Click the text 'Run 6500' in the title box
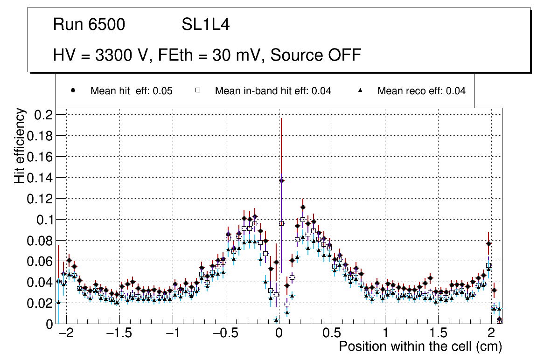point(89,25)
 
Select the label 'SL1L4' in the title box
point(205,25)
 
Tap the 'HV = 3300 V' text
point(99,55)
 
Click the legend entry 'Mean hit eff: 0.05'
point(131,91)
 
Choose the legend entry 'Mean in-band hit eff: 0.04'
point(273,91)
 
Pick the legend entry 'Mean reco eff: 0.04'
point(421,91)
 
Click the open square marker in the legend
point(197,90)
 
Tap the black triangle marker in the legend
point(361,90)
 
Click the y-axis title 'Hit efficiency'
point(20,145)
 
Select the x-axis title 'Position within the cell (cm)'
point(420,346)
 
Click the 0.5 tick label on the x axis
point(332,334)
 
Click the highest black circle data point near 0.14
point(281,180)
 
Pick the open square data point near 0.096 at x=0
point(281,223)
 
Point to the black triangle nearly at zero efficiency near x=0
point(276,320)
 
